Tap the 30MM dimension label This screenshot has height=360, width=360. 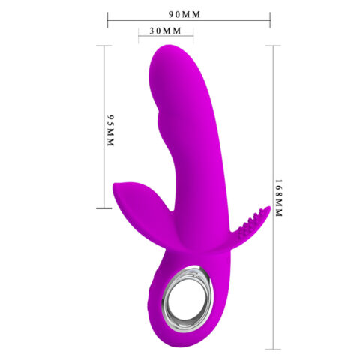pyautogui.click(x=166, y=31)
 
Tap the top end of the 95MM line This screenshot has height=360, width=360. pyautogui.click(x=100, y=46)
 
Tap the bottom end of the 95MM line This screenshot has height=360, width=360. pyautogui.click(x=100, y=208)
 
